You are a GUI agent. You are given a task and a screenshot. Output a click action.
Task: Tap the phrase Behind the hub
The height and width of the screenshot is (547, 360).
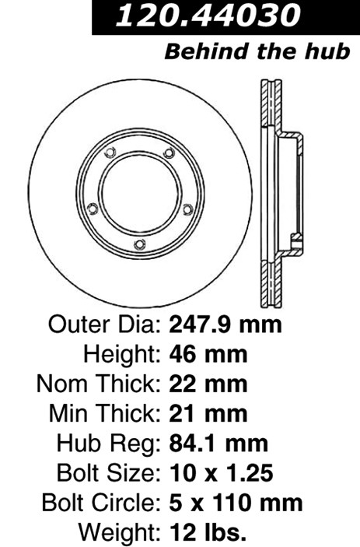(257, 51)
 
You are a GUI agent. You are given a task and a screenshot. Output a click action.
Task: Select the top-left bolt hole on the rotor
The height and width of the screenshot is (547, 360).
(110, 153)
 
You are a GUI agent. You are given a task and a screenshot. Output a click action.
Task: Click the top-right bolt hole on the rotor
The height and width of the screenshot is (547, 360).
(169, 153)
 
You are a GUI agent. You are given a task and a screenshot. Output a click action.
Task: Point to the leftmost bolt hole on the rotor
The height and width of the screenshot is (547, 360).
(93, 209)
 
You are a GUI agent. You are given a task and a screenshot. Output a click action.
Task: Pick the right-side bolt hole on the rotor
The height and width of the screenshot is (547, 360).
(188, 209)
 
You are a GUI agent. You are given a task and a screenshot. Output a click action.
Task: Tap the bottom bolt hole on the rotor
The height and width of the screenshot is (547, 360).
(140, 244)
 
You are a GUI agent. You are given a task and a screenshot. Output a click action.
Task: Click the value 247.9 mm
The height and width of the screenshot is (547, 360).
(225, 324)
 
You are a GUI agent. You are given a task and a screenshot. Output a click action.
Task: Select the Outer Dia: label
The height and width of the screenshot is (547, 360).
(104, 324)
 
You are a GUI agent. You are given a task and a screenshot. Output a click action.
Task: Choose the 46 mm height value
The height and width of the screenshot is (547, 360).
(208, 354)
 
